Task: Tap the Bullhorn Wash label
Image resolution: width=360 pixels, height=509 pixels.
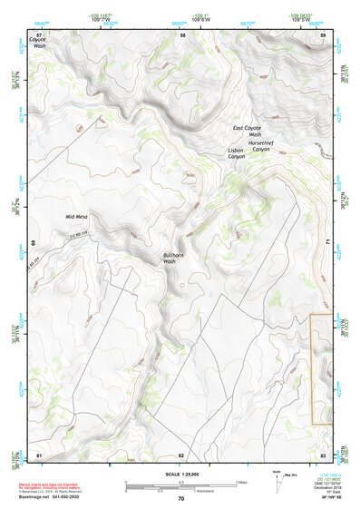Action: (x=175, y=259)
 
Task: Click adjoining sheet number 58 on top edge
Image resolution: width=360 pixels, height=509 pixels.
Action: (x=182, y=34)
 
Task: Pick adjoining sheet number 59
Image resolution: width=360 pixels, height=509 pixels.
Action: (x=324, y=34)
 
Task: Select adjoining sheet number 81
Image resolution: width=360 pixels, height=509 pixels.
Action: (x=39, y=453)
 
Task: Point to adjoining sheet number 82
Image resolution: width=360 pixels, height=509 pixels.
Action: (x=181, y=453)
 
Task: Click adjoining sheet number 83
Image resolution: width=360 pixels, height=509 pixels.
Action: (x=324, y=453)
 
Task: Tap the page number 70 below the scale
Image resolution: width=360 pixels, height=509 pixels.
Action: (x=181, y=498)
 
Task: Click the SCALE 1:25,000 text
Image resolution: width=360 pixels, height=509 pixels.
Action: (x=181, y=473)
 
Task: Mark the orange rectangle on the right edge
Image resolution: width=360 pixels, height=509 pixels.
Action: (x=321, y=369)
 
